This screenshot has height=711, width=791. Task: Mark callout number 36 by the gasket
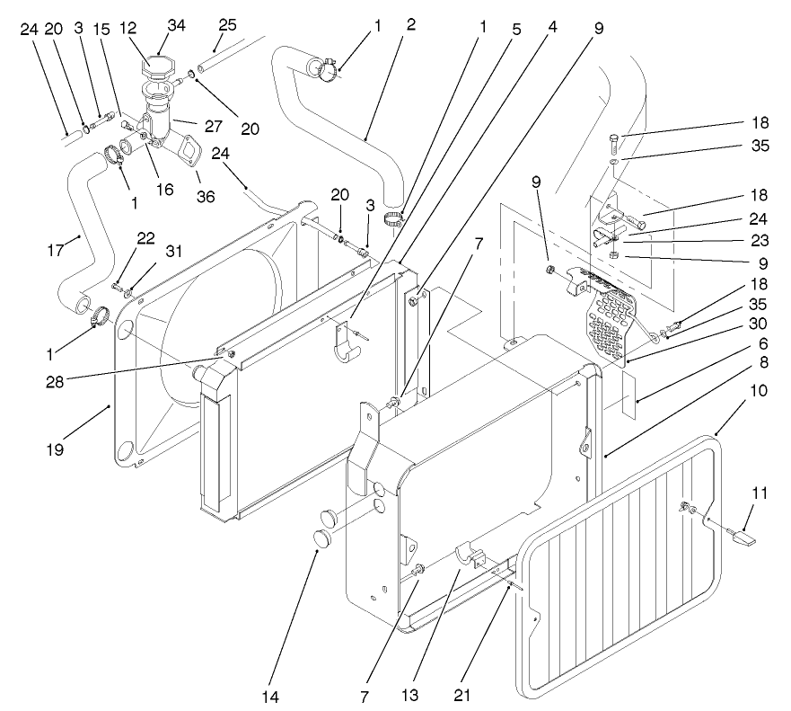pyautogui.click(x=206, y=196)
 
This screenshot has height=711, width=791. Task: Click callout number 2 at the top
pyautogui.click(x=410, y=26)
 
